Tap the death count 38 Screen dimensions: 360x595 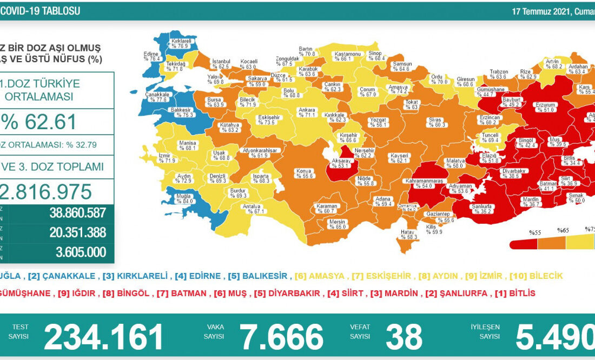(404, 337)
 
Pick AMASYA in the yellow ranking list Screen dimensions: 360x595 (324, 276)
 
